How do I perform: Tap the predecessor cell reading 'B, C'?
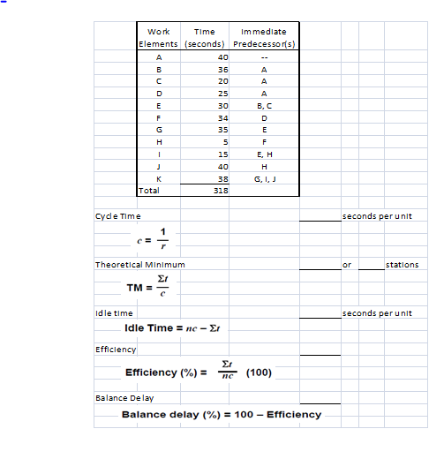[x=264, y=103]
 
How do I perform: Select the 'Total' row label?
[x=149, y=189]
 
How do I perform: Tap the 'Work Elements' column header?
[x=159, y=37]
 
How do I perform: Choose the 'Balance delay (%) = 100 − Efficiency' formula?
[x=221, y=414]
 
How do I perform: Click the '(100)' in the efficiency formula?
[x=259, y=372]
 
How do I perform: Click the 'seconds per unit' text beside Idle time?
[x=377, y=312]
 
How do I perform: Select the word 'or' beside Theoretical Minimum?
[x=347, y=264]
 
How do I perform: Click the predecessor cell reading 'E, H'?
[x=264, y=153]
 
